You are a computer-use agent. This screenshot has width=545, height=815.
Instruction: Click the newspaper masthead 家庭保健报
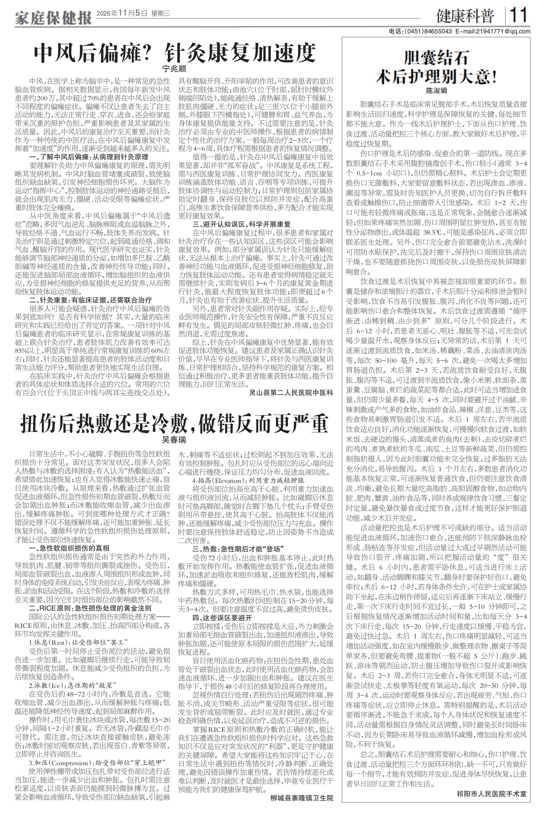[x=53, y=17]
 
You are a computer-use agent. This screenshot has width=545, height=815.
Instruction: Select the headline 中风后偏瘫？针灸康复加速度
[x=175, y=52]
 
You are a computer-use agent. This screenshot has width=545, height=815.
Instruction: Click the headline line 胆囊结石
[x=436, y=58]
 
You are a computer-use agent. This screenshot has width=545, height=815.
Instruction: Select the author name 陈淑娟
[x=436, y=91]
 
